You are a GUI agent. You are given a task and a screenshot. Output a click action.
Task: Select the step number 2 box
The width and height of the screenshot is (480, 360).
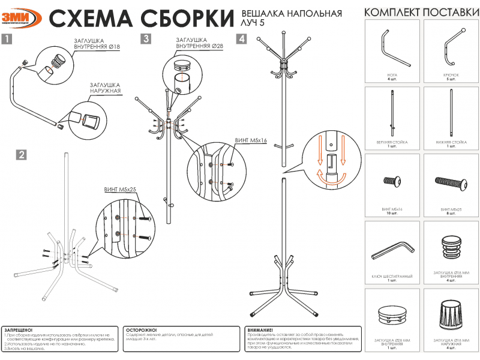click(x=22, y=155)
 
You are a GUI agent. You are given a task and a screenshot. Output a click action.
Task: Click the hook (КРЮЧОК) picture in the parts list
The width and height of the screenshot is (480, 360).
click(x=451, y=49)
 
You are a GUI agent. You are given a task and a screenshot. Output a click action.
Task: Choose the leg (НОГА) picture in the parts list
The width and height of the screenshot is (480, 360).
click(x=393, y=49)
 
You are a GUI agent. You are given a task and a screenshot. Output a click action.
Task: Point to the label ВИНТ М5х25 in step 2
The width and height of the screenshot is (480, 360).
click(x=121, y=189)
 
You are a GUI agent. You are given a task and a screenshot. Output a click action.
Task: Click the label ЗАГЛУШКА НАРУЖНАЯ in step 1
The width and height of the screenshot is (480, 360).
click(x=106, y=88)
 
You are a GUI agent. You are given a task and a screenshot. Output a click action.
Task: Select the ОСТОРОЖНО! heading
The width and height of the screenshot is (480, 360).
click(x=142, y=330)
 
